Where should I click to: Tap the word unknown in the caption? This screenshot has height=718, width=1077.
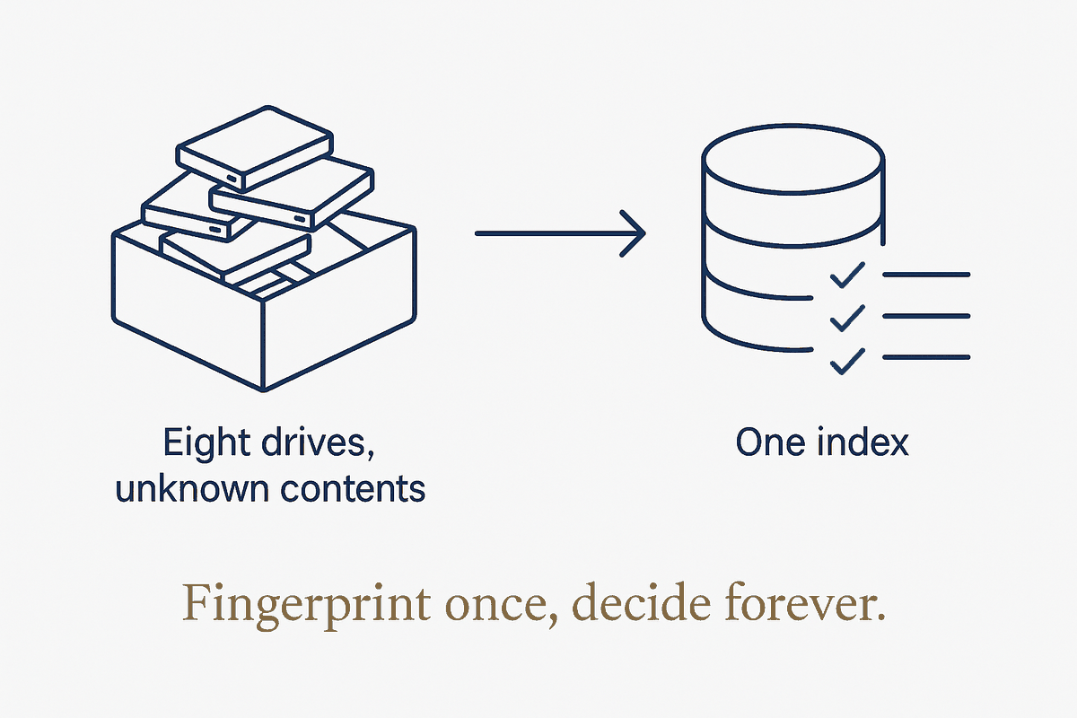[x=192, y=487]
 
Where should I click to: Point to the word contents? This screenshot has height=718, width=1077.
[x=353, y=488]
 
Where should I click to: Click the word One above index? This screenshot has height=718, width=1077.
[x=770, y=442]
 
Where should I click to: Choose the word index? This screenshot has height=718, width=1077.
[x=862, y=442]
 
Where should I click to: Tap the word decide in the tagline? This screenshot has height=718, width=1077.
[x=641, y=603]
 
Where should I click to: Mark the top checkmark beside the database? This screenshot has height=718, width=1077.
[x=847, y=275]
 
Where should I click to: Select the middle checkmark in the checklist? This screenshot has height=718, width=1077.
[x=847, y=318]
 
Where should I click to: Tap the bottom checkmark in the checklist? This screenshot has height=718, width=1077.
[x=847, y=361]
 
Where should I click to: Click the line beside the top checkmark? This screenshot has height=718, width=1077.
[x=926, y=275]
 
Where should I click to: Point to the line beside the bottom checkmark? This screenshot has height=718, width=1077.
[x=926, y=357]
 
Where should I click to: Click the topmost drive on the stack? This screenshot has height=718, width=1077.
[x=255, y=149]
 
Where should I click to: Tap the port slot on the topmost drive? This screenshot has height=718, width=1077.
[x=232, y=179]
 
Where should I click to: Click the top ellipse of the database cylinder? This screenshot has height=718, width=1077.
[x=792, y=159]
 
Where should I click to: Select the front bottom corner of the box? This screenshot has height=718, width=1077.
[x=263, y=390]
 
